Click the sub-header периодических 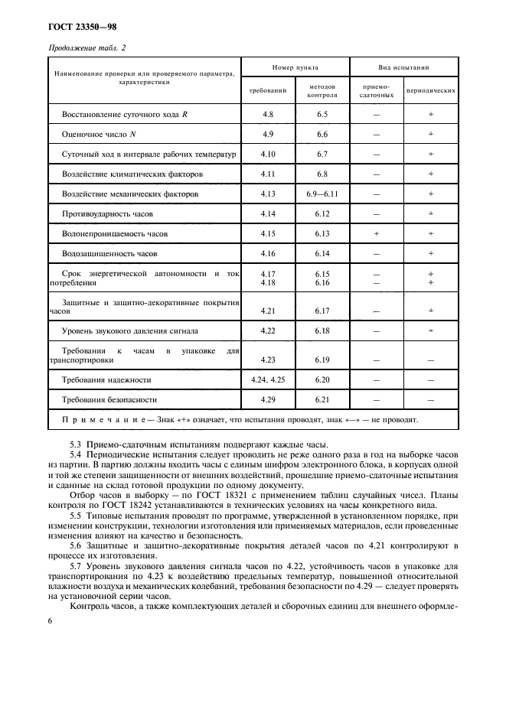pyautogui.click(x=431, y=91)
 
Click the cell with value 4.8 pyautogui.click(x=268, y=114)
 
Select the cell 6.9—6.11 pyautogui.click(x=322, y=194)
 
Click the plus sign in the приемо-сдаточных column pyautogui.click(x=376, y=233)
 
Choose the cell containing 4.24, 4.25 pyautogui.click(x=268, y=379)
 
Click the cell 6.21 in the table pyautogui.click(x=322, y=399)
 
